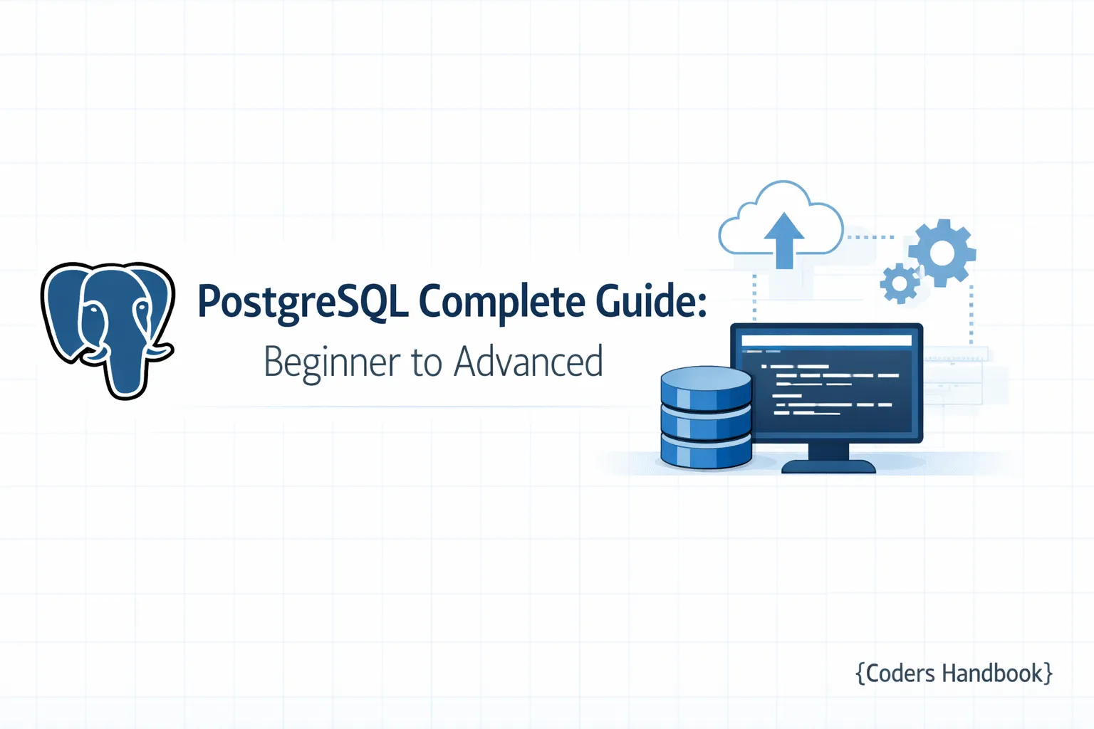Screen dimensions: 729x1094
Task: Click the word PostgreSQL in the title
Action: [x=303, y=302]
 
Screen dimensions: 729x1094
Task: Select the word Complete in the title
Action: [x=501, y=302]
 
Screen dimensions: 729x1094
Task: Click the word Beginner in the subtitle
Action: [x=332, y=362]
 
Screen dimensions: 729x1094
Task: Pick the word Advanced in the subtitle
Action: [x=528, y=361]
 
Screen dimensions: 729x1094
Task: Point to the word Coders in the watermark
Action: [x=900, y=673]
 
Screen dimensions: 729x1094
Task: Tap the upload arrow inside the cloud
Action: [x=784, y=238]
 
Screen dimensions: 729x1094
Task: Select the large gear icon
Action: [x=942, y=252]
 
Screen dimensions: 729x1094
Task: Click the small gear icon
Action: [x=900, y=283]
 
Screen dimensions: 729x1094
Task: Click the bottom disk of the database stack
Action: [x=706, y=453]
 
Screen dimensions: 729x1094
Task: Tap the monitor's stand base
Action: [x=828, y=466]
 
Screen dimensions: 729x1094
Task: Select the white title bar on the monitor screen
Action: [x=826, y=340]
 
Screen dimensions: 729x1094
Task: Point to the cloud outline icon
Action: [x=741, y=221]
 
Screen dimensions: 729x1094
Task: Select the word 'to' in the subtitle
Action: [x=427, y=362]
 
